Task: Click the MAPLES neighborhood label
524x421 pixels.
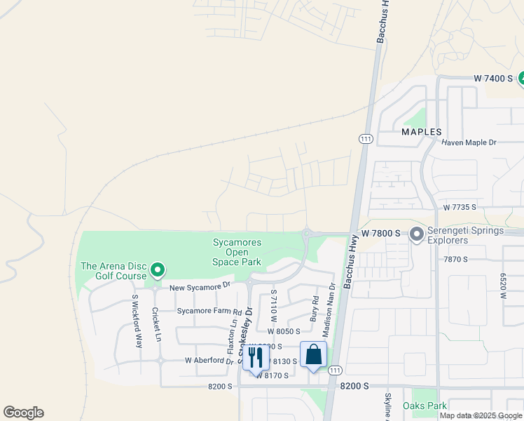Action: point(422,132)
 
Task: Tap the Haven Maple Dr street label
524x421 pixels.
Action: point(469,142)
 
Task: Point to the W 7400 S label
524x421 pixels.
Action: point(493,78)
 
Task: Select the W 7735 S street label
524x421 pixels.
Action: point(459,207)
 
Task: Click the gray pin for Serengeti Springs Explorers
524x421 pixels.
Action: point(417,234)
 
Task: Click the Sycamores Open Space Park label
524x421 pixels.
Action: point(237,252)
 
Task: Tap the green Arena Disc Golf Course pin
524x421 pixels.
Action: point(158,269)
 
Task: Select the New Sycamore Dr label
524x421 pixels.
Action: point(200,286)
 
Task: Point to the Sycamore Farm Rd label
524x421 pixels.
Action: point(209,311)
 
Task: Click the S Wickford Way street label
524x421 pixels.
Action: point(138,321)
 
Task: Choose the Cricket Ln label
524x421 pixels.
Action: point(158,324)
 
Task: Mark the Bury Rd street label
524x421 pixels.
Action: point(315,309)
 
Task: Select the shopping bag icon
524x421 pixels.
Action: point(313,354)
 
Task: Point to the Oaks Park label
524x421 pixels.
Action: point(425,406)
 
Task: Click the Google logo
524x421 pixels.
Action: point(23,413)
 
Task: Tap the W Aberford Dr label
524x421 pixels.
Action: point(209,361)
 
